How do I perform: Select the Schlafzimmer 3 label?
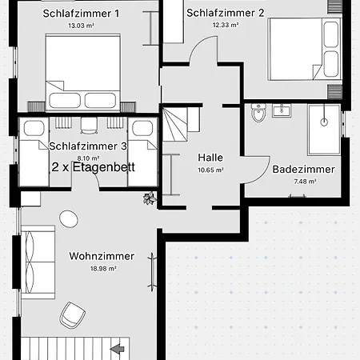click(x=88, y=146)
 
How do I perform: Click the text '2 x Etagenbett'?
click(x=93, y=168)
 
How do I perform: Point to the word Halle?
click(x=210, y=158)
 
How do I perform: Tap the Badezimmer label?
click(x=304, y=170)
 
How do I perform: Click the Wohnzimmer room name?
click(x=102, y=257)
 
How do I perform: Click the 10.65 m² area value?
click(x=210, y=170)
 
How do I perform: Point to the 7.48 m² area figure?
click(x=305, y=182)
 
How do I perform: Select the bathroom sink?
click(x=281, y=110)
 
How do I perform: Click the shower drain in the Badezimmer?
click(x=324, y=122)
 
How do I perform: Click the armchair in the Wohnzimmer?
click(x=73, y=314)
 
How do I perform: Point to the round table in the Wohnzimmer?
click(x=70, y=218)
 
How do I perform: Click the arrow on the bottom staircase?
click(x=118, y=348)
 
